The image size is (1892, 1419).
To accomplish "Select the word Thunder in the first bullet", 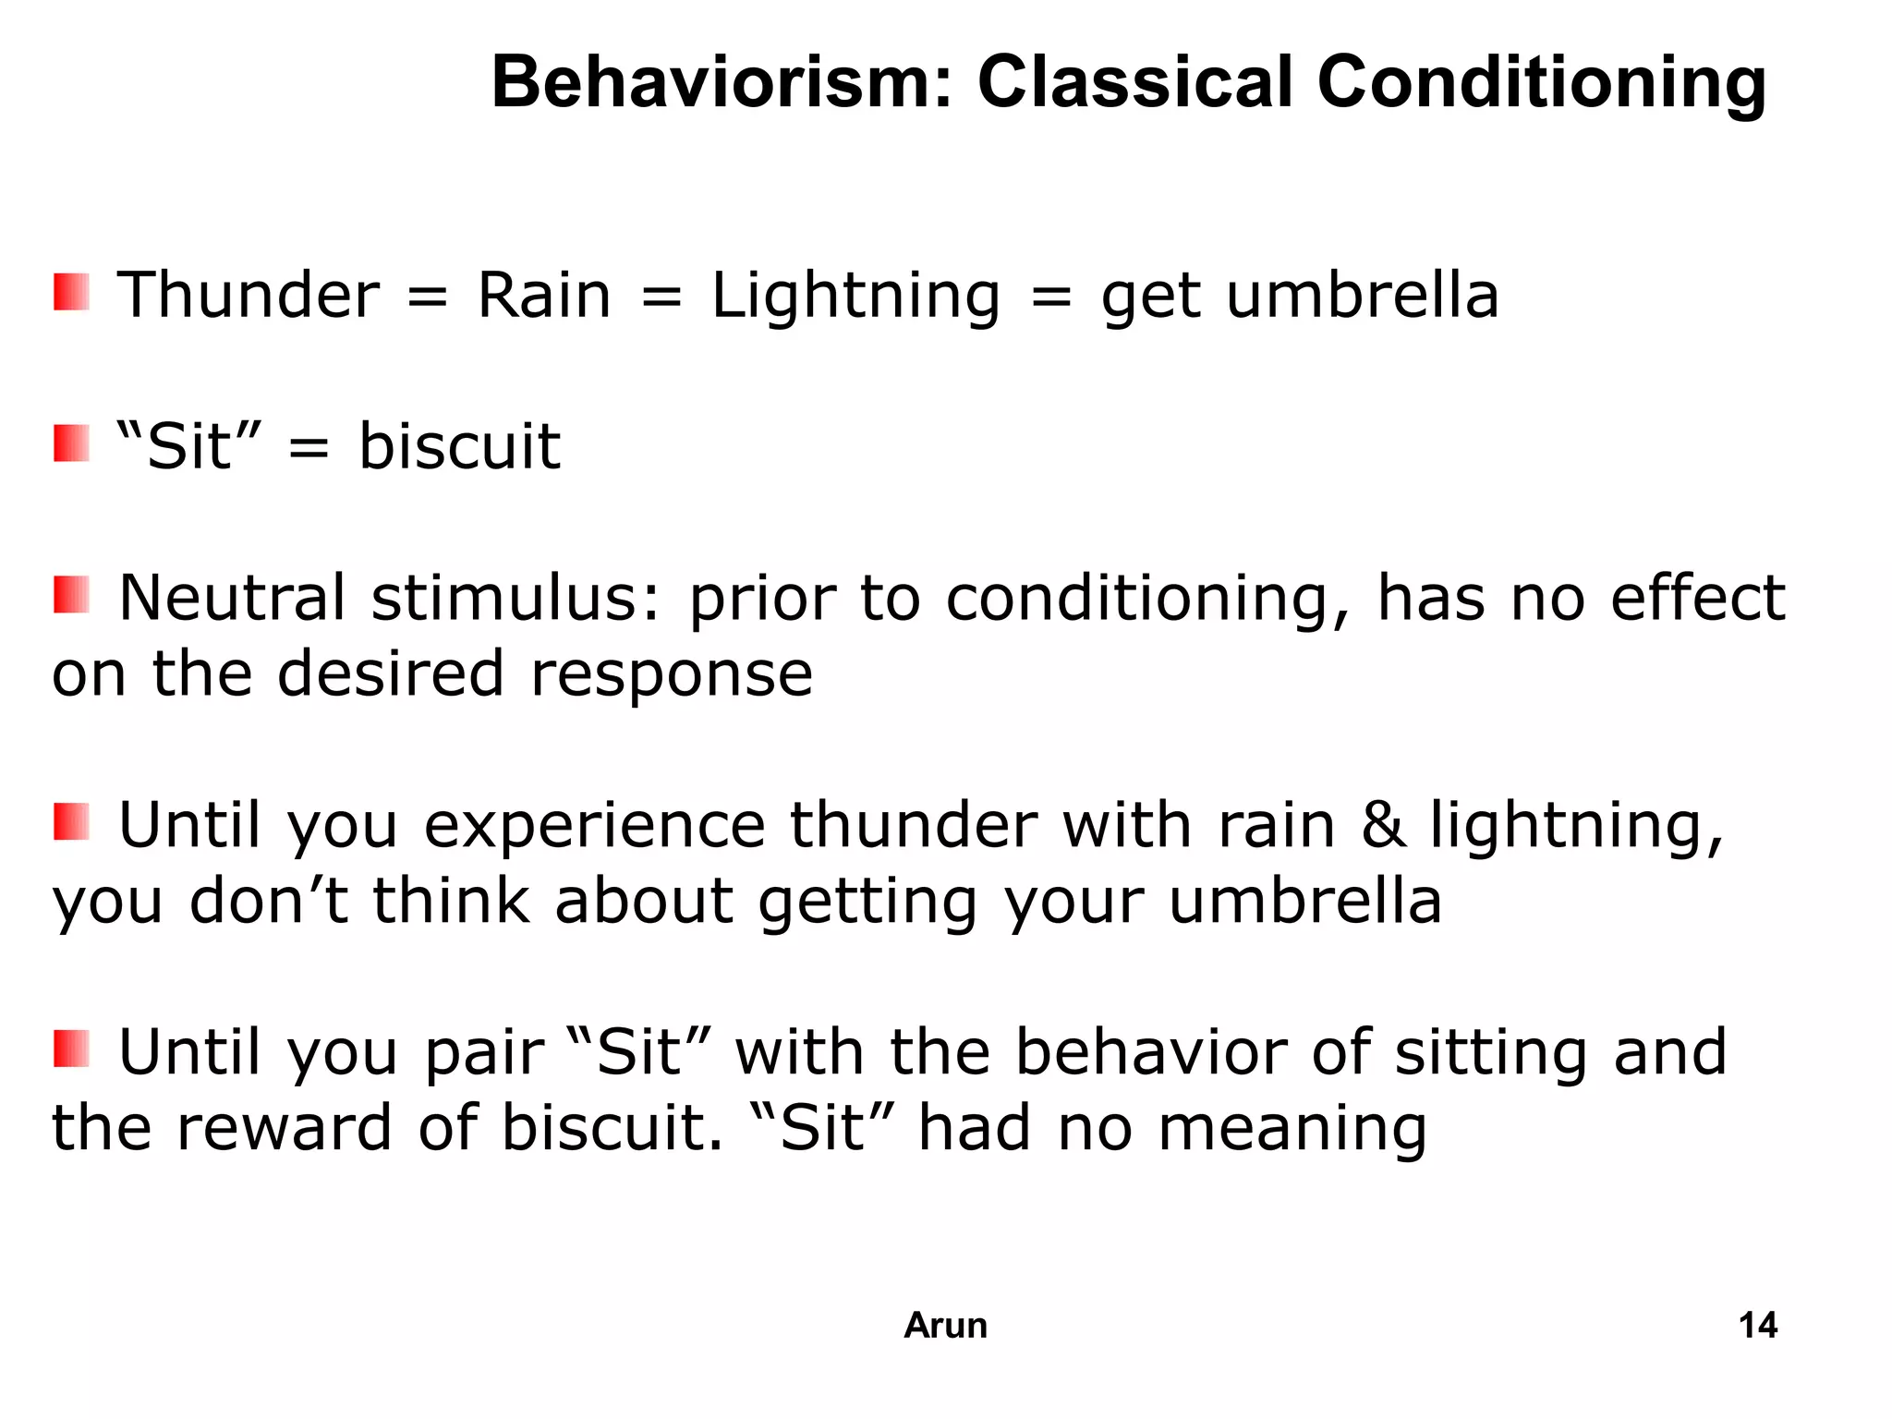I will coord(248,296).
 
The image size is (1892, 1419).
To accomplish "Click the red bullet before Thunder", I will coord(71,292).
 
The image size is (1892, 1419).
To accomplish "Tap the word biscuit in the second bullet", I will coord(459,447).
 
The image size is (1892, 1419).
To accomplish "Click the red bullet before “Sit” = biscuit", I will coord(71,443).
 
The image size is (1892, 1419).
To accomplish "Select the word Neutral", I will coord(232,598).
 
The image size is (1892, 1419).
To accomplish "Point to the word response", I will coord(672,675).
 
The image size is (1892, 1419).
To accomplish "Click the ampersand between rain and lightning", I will coord(1383,824).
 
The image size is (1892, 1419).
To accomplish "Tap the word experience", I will coord(594,826).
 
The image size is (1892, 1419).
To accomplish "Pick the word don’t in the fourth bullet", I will coord(269,901).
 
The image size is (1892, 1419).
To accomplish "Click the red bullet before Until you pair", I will coord(71,1049).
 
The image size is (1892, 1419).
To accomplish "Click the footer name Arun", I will coord(945,1326).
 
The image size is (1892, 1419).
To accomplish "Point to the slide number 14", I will coord(1757,1326).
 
